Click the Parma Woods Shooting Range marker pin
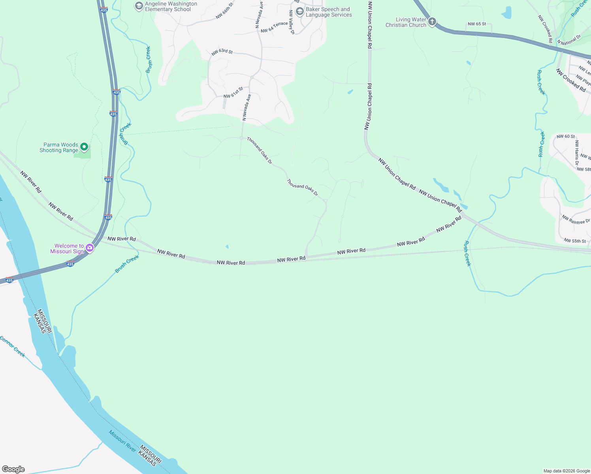click(84, 147)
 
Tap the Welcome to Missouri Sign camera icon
click(90, 248)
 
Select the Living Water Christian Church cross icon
click(432, 22)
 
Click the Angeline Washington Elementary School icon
click(139, 6)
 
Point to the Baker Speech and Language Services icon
click(299, 12)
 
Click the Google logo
click(13, 469)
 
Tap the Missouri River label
click(122, 441)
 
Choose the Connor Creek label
click(13, 347)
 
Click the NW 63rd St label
click(222, 52)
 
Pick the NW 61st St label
click(233, 93)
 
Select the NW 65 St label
click(477, 24)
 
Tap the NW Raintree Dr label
click(576, 220)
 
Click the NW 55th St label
click(575, 241)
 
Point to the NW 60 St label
click(566, 136)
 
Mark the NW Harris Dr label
click(577, 152)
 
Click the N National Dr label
click(569, 40)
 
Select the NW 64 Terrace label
click(274, 27)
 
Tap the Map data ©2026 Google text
click(567, 471)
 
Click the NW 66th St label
click(225, 11)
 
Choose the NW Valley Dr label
click(292, 22)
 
